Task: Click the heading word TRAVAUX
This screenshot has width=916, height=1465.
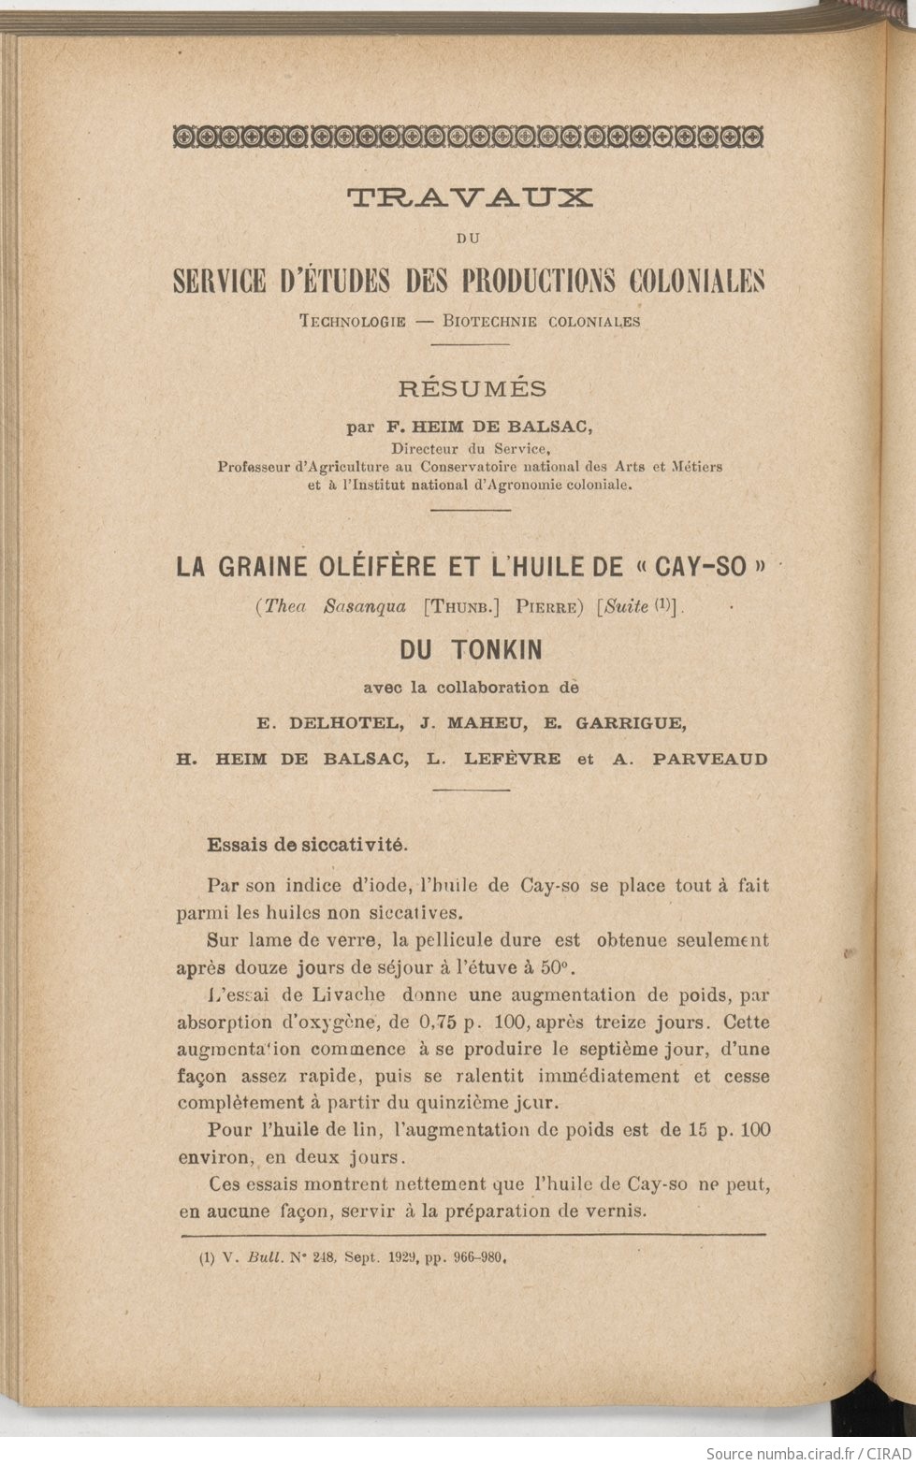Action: (470, 196)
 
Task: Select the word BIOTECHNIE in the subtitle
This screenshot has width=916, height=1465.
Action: (490, 321)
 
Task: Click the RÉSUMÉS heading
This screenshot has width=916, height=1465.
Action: (473, 388)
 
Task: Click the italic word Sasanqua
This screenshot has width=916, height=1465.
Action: (364, 606)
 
